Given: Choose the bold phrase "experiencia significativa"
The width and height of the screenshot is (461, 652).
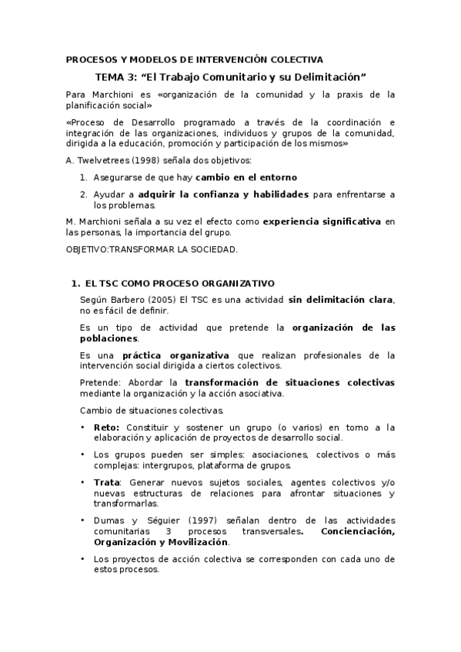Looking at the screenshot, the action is (x=322, y=221).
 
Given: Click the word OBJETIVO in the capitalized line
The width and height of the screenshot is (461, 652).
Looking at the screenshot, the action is (x=87, y=249).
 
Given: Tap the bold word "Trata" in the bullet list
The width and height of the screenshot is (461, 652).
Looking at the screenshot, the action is (x=106, y=482).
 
